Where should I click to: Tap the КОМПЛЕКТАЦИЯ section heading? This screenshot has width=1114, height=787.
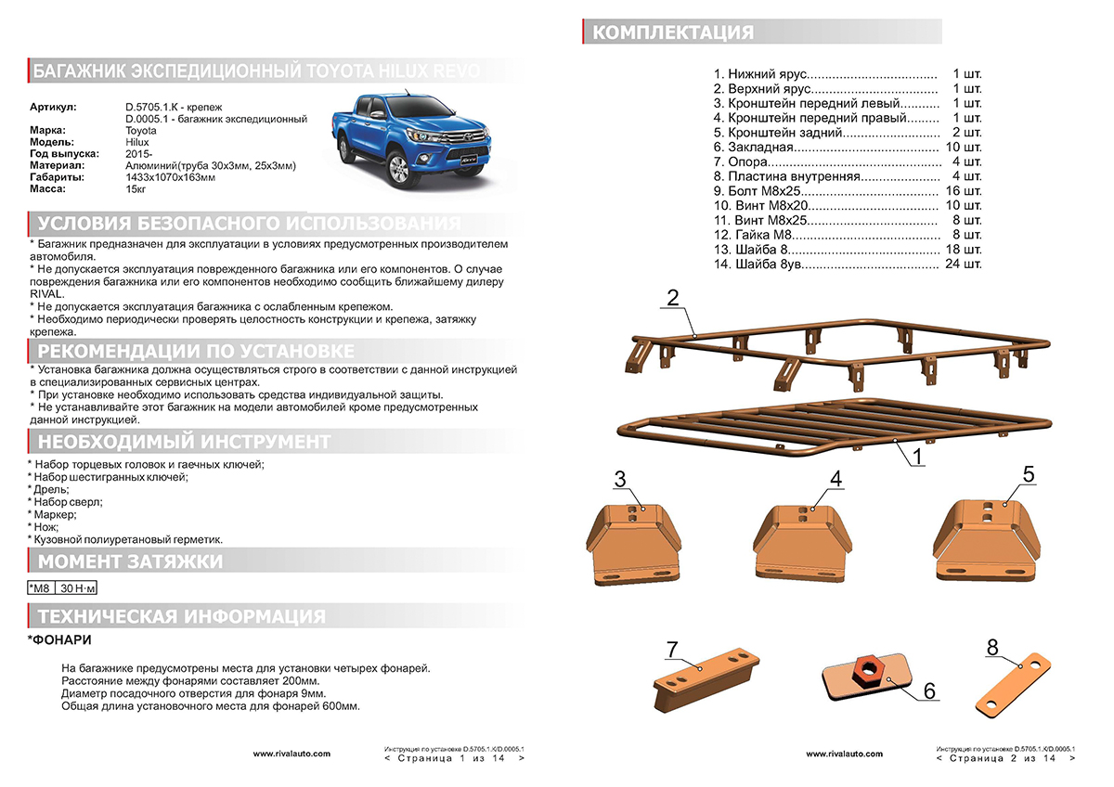[x=673, y=33]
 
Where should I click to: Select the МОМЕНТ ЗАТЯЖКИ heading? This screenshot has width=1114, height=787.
[x=130, y=561]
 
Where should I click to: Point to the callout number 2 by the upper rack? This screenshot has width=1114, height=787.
[x=673, y=298]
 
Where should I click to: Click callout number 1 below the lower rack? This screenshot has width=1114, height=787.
[x=915, y=457]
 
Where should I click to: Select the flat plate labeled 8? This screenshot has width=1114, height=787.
[x=1013, y=682]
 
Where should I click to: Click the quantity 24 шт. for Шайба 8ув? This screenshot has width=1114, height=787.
[x=962, y=264]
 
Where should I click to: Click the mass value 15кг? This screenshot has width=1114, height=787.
[x=136, y=188]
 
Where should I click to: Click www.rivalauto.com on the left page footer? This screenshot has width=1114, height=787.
[x=291, y=755]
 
